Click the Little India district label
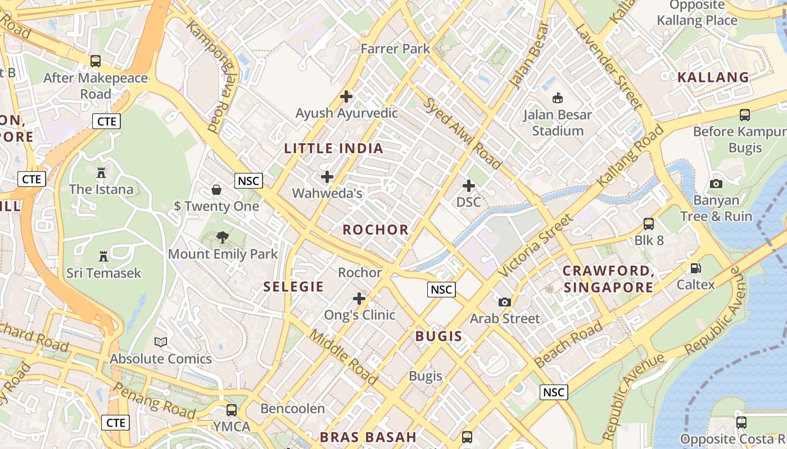tap(333, 149)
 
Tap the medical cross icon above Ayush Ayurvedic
tap(346, 97)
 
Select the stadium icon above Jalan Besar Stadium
tap(557, 98)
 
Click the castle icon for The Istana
tap(101, 173)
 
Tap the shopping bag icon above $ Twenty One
tap(216, 190)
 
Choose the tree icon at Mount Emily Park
tap(223, 237)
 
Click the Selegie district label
tap(293, 287)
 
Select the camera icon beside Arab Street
tap(505, 302)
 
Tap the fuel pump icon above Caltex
tap(695, 268)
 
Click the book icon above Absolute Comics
tap(161, 342)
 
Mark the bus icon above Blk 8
tap(649, 224)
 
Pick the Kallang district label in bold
tap(713, 77)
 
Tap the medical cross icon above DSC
tap(468, 186)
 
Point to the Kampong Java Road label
tap(212, 77)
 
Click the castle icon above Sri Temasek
tap(103, 256)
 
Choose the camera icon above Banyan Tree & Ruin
tap(716, 184)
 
